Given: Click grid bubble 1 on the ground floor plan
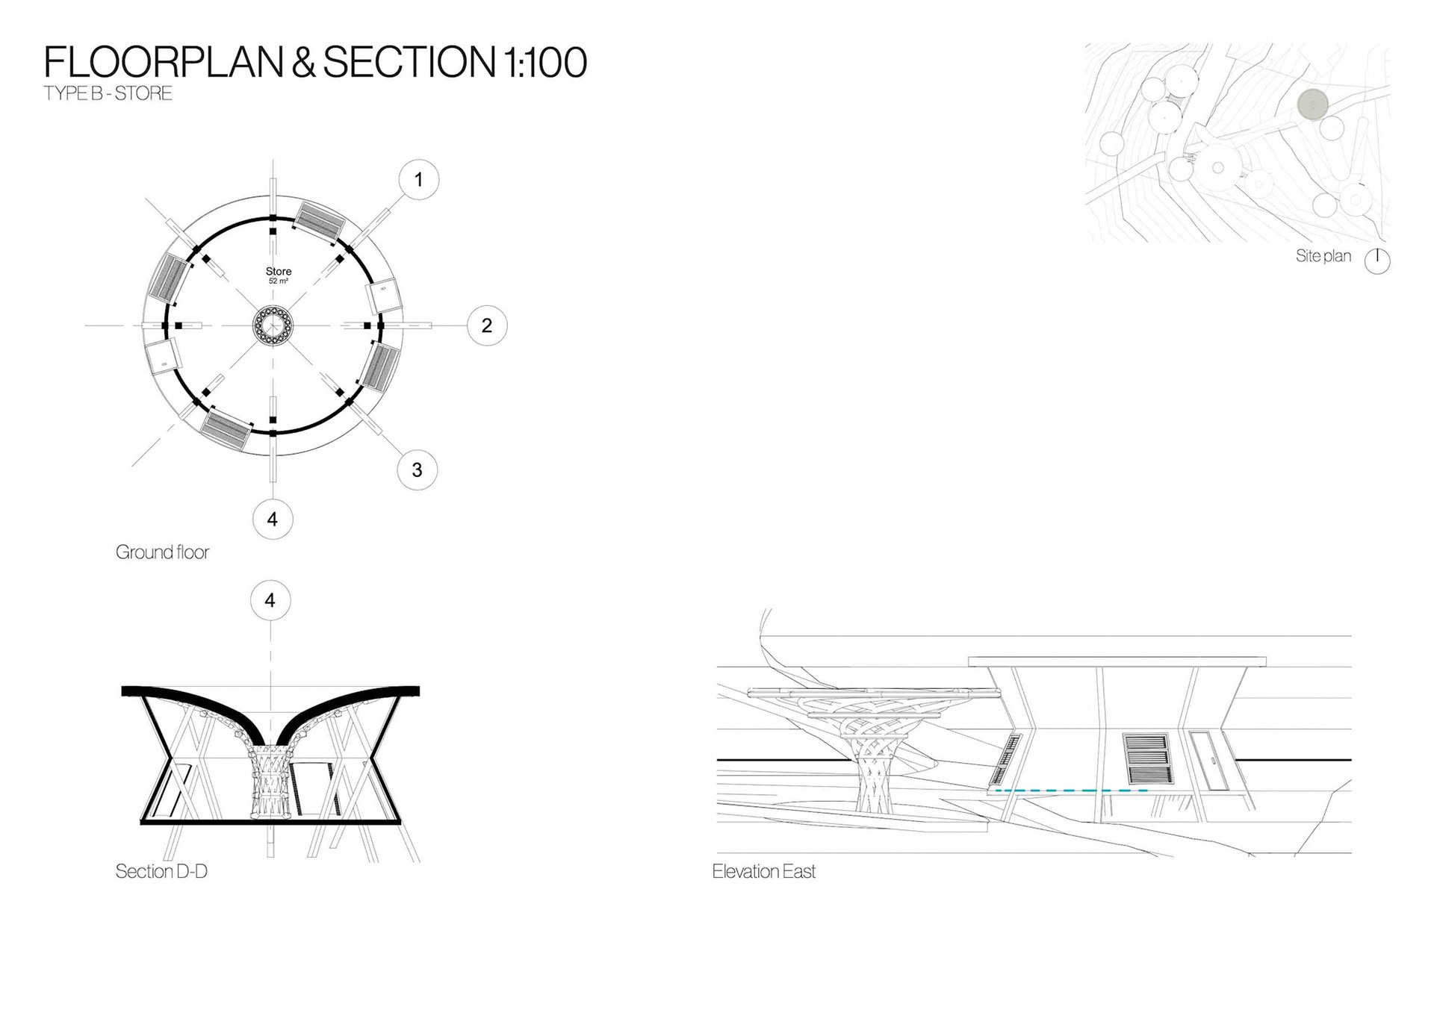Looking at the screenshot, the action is (x=418, y=180).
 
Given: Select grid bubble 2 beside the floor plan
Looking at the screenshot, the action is (x=487, y=325).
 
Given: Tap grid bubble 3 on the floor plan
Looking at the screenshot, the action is (x=417, y=470).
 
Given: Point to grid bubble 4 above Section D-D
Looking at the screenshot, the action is (x=270, y=600).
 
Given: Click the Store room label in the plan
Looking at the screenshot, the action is (x=279, y=271).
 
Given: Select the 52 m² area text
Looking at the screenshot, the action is (x=279, y=281).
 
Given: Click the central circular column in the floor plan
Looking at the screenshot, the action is (x=273, y=325).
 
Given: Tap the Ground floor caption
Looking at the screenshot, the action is (x=162, y=552).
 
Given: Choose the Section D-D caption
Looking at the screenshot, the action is (x=161, y=871).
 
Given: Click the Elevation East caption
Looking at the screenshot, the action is (x=763, y=871).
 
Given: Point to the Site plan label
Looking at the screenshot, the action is (x=1323, y=256).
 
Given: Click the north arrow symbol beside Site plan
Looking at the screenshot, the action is (x=1377, y=261).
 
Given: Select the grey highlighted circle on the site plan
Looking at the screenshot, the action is (x=1312, y=105).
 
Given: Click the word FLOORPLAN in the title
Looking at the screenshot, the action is (x=163, y=62).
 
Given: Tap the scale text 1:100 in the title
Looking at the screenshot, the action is (x=545, y=62).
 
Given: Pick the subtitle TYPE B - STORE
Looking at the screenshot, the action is (x=108, y=93).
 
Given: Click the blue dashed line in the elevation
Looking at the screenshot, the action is (x=1072, y=790).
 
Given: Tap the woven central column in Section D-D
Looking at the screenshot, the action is (x=270, y=784).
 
